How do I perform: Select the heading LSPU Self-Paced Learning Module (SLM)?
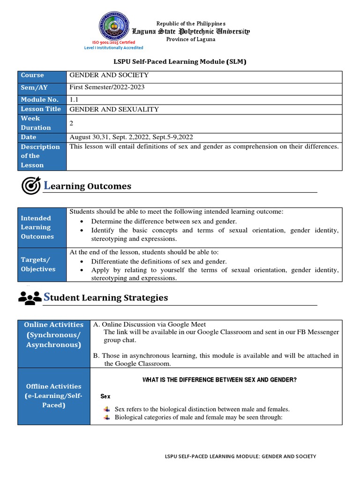coord(180,61)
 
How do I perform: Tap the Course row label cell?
coord(42,75)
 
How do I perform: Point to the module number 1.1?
coord(74,99)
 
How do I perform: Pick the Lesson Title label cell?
coord(42,109)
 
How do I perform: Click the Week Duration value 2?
coord(72,123)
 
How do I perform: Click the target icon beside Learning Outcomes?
coord(31,186)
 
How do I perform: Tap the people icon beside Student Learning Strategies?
coord(30,298)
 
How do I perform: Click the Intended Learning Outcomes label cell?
coord(42,227)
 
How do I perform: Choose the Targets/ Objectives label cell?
coord(42,264)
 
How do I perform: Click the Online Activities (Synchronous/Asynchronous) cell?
coord(53,335)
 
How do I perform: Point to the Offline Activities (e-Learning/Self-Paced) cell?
coord(53,396)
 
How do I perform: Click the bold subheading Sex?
coord(105,397)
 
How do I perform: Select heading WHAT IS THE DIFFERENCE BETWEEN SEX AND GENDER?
coord(219,380)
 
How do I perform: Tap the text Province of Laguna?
coord(191,39)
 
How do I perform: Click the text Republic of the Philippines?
coord(191,23)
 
